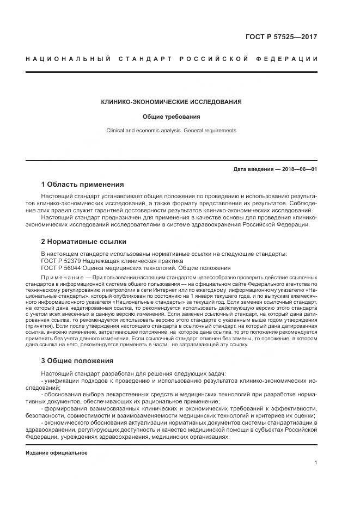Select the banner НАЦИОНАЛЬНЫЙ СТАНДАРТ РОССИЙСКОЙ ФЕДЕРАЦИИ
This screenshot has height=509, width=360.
click(172, 58)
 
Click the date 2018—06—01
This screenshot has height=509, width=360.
click(297, 169)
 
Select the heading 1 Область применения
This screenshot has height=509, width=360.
click(82, 184)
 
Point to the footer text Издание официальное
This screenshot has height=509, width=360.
click(57, 452)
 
